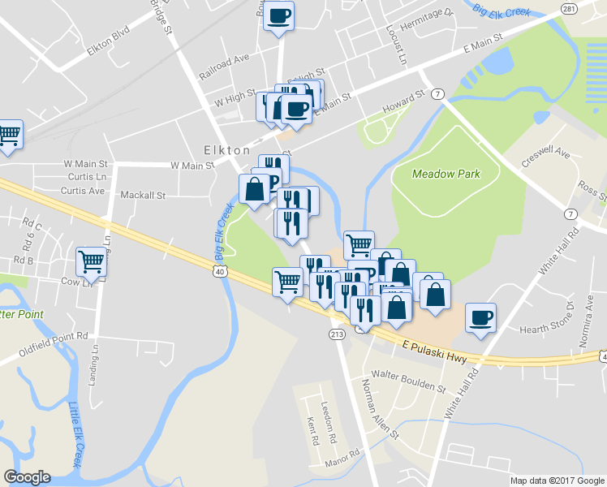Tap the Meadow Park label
pos(446,173)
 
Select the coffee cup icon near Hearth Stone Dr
pos(482,317)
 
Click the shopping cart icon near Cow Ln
pos(91,261)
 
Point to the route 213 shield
pos(337,334)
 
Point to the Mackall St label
pos(142,196)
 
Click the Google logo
pos(27,477)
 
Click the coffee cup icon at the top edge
pos(278,15)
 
